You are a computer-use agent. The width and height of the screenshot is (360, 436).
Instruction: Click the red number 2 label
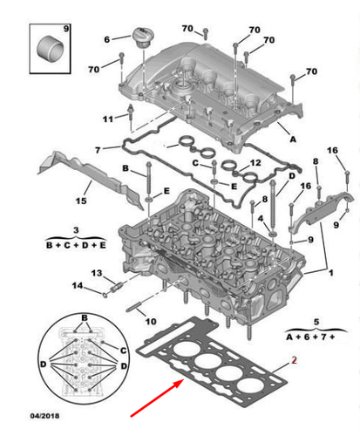tap(295, 358)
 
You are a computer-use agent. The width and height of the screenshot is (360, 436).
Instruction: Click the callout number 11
tap(108, 119)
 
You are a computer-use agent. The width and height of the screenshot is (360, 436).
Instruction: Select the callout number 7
tap(98, 149)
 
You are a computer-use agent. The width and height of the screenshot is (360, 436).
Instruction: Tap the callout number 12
tap(255, 163)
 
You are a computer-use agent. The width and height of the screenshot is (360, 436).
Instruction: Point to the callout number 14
tap(77, 286)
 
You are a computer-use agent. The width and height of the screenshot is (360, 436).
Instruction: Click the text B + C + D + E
tap(76, 245)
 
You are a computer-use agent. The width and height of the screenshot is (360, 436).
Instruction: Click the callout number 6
tap(108, 39)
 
